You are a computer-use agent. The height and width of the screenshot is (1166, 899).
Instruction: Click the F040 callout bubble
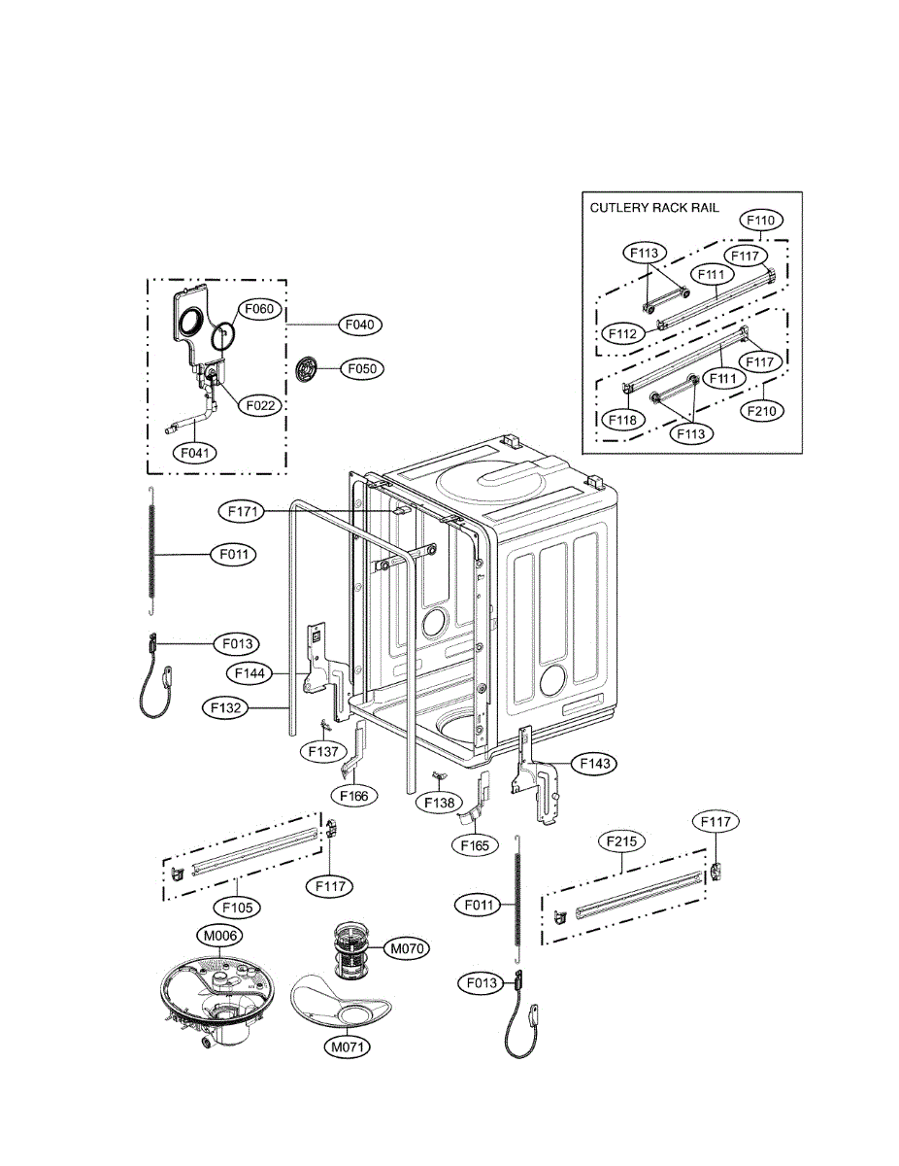point(360,325)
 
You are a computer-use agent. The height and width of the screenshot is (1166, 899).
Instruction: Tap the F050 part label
point(362,369)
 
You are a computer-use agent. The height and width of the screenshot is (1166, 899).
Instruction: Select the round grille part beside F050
point(306,369)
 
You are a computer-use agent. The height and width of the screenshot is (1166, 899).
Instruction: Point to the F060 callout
point(259,309)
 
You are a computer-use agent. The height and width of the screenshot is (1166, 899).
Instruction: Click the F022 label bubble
point(260,405)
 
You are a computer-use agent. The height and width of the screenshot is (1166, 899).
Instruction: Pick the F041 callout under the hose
point(195,453)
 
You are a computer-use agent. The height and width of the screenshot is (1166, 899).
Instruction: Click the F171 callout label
point(243,511)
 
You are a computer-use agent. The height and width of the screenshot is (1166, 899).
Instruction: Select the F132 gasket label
point(225,707)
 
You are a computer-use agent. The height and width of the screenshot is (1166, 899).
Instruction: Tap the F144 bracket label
point(250,673)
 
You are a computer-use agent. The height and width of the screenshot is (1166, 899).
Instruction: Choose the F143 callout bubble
point(594,763)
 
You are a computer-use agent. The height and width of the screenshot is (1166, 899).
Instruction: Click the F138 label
point(439,803)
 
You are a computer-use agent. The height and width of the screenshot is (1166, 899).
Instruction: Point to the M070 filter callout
point(407,948)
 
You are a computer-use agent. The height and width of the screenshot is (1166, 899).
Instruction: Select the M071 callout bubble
point(348,1046)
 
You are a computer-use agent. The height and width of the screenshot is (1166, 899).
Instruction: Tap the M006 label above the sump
point(220,936)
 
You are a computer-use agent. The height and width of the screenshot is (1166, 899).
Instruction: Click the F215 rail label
point(622,841)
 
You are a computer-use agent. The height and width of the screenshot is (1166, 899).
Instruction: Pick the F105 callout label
point(238,908)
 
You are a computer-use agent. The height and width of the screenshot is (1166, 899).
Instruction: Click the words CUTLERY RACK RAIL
point(654,208)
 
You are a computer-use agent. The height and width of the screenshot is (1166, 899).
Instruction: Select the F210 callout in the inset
point(762,411)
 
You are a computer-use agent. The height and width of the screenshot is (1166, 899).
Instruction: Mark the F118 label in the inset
point(623,420)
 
